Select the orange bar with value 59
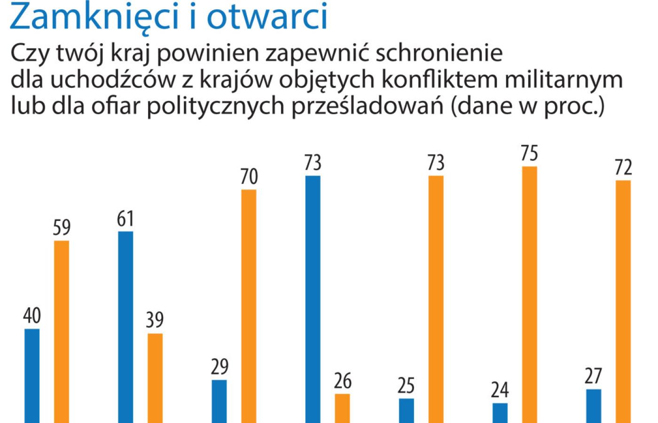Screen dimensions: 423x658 [62, 331]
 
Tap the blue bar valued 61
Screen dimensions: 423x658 [125, 327]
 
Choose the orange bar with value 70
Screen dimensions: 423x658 [249, 305]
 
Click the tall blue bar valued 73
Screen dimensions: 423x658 [313, 299]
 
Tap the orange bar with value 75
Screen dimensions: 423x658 [529, 294]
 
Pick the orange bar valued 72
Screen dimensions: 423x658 [623, 301]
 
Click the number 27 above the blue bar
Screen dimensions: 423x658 [593, 376]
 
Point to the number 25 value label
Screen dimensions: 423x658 [406, 386]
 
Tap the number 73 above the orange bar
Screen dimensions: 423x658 [436, 163]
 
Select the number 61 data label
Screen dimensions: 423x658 [125, 219]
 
